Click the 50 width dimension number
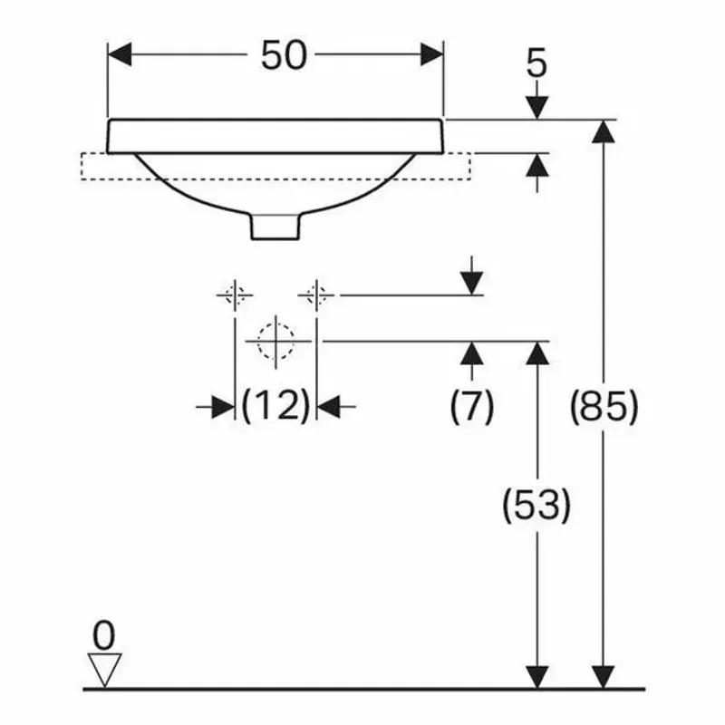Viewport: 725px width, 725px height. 284,55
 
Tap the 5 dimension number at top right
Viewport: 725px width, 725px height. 536,63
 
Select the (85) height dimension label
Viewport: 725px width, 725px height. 604,407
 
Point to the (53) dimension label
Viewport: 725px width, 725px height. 536,505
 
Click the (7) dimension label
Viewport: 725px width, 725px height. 471,407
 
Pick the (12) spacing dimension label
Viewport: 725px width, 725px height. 275,405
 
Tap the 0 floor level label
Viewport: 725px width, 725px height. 103,636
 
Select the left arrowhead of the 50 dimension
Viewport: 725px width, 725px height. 120,54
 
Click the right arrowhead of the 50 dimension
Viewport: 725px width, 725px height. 432,54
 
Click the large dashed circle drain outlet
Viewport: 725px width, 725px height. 275,342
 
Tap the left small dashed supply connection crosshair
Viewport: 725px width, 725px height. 235,295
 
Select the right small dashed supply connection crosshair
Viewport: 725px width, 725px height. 316,295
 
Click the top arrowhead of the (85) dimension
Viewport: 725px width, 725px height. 604,131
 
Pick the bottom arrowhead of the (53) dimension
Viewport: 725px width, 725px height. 537,677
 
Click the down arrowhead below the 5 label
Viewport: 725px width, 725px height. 537,108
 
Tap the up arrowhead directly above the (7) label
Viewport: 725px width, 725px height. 471,353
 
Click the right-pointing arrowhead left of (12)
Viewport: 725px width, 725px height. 223,407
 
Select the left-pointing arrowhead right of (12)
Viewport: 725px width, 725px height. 329,407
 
